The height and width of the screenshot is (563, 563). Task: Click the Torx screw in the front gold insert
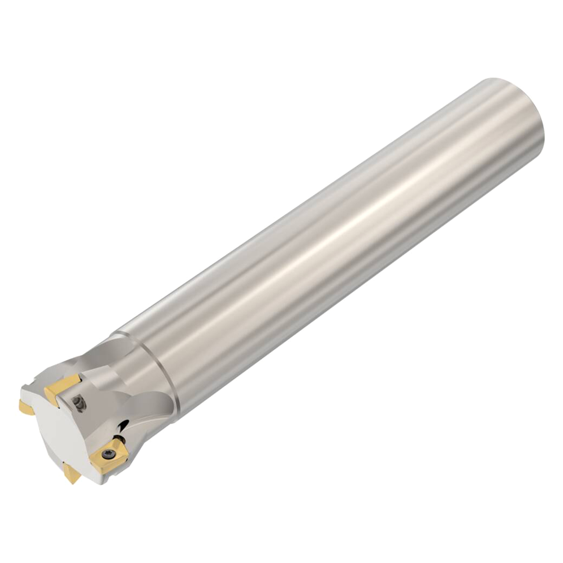pyautogui.click(x=106, y=453)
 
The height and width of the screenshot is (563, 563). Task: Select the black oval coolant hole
pyautogui.click(x=123, y=424)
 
